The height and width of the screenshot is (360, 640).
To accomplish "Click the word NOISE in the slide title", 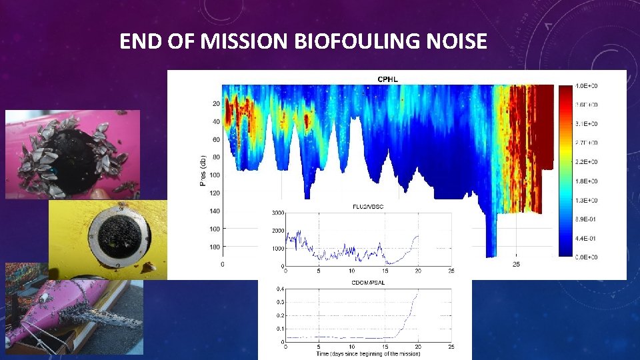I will [x=456, y=42].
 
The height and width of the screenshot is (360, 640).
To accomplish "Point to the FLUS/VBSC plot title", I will [x=368, y=207].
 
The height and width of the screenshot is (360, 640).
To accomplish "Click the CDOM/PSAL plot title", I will [x=368, y=283].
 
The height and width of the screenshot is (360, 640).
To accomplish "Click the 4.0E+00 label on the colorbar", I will [x=587, y=86].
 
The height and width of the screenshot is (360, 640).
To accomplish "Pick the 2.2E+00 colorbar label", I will [x=587, y=162].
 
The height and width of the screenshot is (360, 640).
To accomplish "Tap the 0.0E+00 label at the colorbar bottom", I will [x=587, y=257].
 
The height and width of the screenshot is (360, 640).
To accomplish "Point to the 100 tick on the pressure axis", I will [x=215, y=175].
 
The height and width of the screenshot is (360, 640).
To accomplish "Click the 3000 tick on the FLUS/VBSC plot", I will [x=277, y=213].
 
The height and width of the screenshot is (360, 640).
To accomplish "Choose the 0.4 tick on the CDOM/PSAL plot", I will [x=280, y=289].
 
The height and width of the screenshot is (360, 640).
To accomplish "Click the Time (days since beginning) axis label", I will [x=368, y=353].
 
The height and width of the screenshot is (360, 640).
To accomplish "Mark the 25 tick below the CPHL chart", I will [x=516, y=265].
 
